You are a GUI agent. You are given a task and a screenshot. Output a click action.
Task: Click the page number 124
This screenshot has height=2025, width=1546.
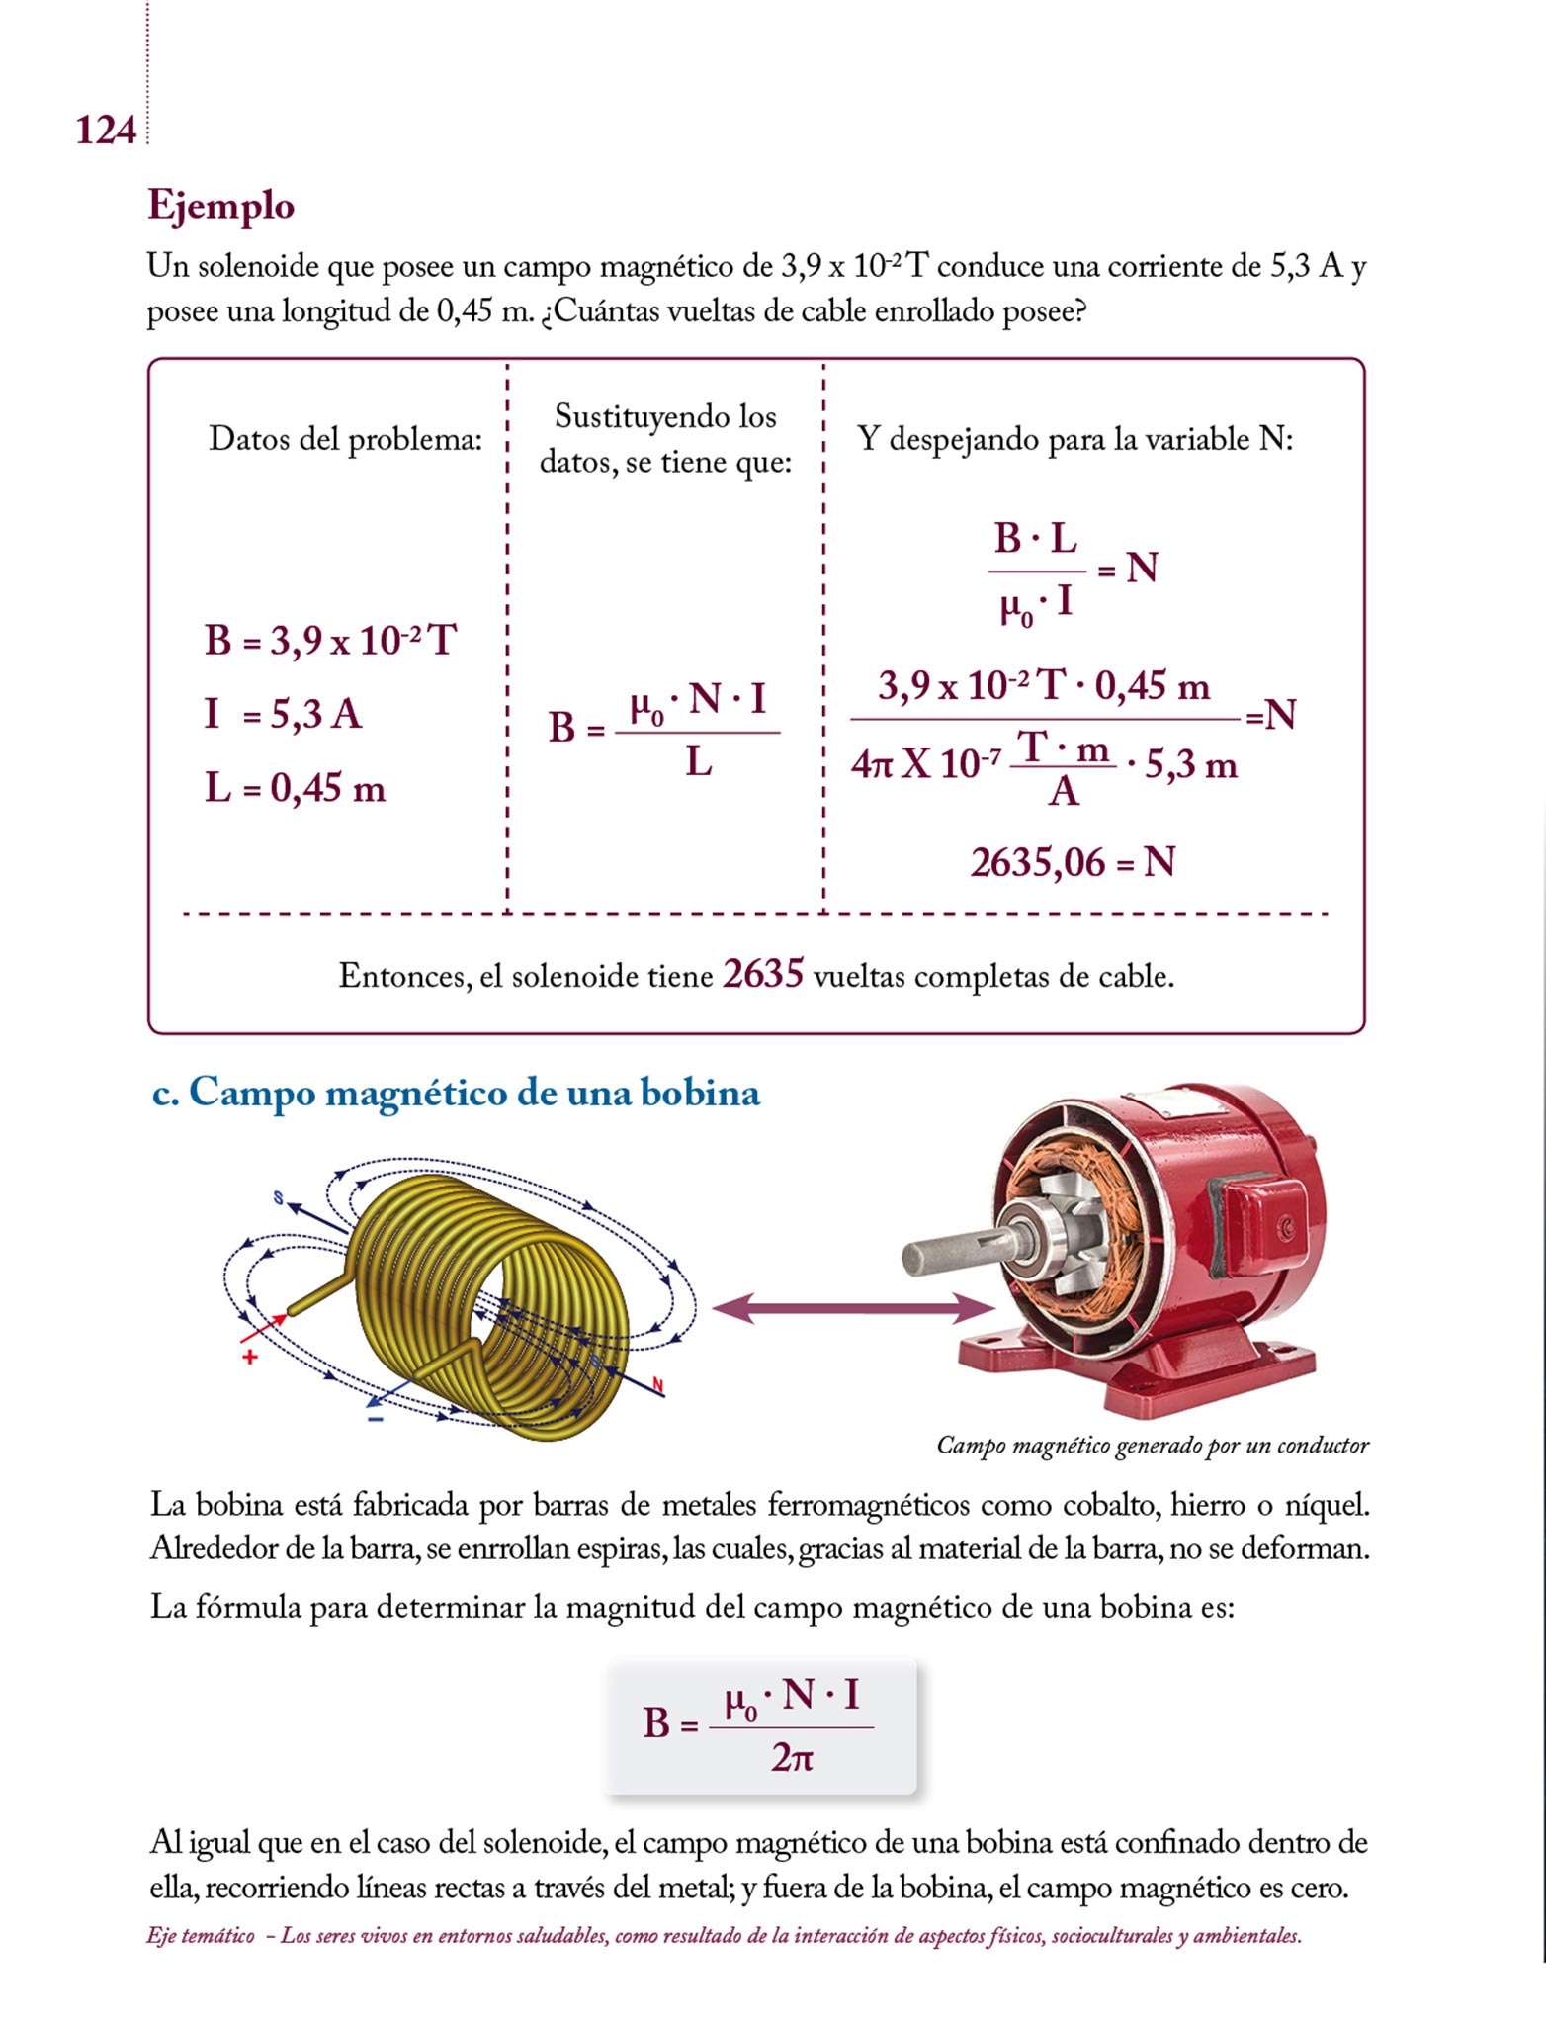105,131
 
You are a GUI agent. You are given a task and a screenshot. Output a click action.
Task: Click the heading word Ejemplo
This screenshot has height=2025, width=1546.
220,206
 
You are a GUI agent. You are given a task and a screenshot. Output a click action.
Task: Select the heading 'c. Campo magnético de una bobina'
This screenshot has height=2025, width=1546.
456,1093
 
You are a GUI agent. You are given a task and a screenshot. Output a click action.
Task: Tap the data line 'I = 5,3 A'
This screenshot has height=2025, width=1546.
283,714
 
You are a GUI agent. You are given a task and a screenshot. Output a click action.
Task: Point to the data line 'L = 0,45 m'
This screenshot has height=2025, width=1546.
295,788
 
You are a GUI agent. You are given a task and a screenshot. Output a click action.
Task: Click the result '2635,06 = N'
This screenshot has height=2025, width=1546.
1073,862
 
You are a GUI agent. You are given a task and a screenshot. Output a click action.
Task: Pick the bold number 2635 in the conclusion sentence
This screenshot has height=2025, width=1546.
763,974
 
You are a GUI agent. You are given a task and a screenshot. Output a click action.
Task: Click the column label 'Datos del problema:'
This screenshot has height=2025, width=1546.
345,439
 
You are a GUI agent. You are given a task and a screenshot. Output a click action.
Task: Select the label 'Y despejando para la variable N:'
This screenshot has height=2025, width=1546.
1074,439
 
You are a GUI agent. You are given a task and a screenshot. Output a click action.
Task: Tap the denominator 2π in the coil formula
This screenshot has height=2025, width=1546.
792,1757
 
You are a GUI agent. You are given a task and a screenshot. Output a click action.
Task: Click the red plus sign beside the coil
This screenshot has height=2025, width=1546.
250,1357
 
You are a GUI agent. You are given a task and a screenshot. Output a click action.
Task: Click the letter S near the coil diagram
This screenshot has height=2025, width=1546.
278,1198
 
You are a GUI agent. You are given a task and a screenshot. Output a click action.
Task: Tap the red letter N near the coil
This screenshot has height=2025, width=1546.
658,1384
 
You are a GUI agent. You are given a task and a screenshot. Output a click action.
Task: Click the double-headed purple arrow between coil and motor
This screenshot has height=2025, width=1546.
853,1309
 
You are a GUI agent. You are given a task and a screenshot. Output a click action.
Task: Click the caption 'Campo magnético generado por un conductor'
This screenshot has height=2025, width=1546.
1153,1446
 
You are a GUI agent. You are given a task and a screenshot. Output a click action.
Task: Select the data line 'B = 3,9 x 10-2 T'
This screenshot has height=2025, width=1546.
330,641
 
